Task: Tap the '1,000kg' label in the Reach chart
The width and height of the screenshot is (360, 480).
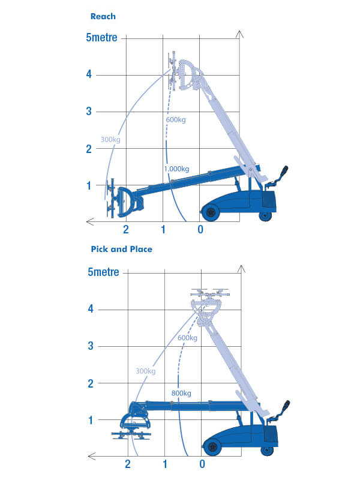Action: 176,169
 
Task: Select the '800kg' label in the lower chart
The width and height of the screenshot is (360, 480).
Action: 181,394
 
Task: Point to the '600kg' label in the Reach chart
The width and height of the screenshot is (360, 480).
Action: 176,120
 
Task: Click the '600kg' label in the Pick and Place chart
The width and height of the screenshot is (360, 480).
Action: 187,338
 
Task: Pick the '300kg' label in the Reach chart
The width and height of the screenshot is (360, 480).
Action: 111,139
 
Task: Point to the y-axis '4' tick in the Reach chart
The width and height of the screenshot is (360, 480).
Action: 88,74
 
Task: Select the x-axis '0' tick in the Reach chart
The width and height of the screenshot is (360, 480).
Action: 200,230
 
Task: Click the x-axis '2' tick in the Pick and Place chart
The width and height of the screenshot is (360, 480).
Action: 127,464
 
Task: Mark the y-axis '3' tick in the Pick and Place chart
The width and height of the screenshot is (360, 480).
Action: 90,346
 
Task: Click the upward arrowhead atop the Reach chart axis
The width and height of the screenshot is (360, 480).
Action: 239,34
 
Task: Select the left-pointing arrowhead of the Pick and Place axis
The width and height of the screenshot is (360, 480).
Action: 90,456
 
